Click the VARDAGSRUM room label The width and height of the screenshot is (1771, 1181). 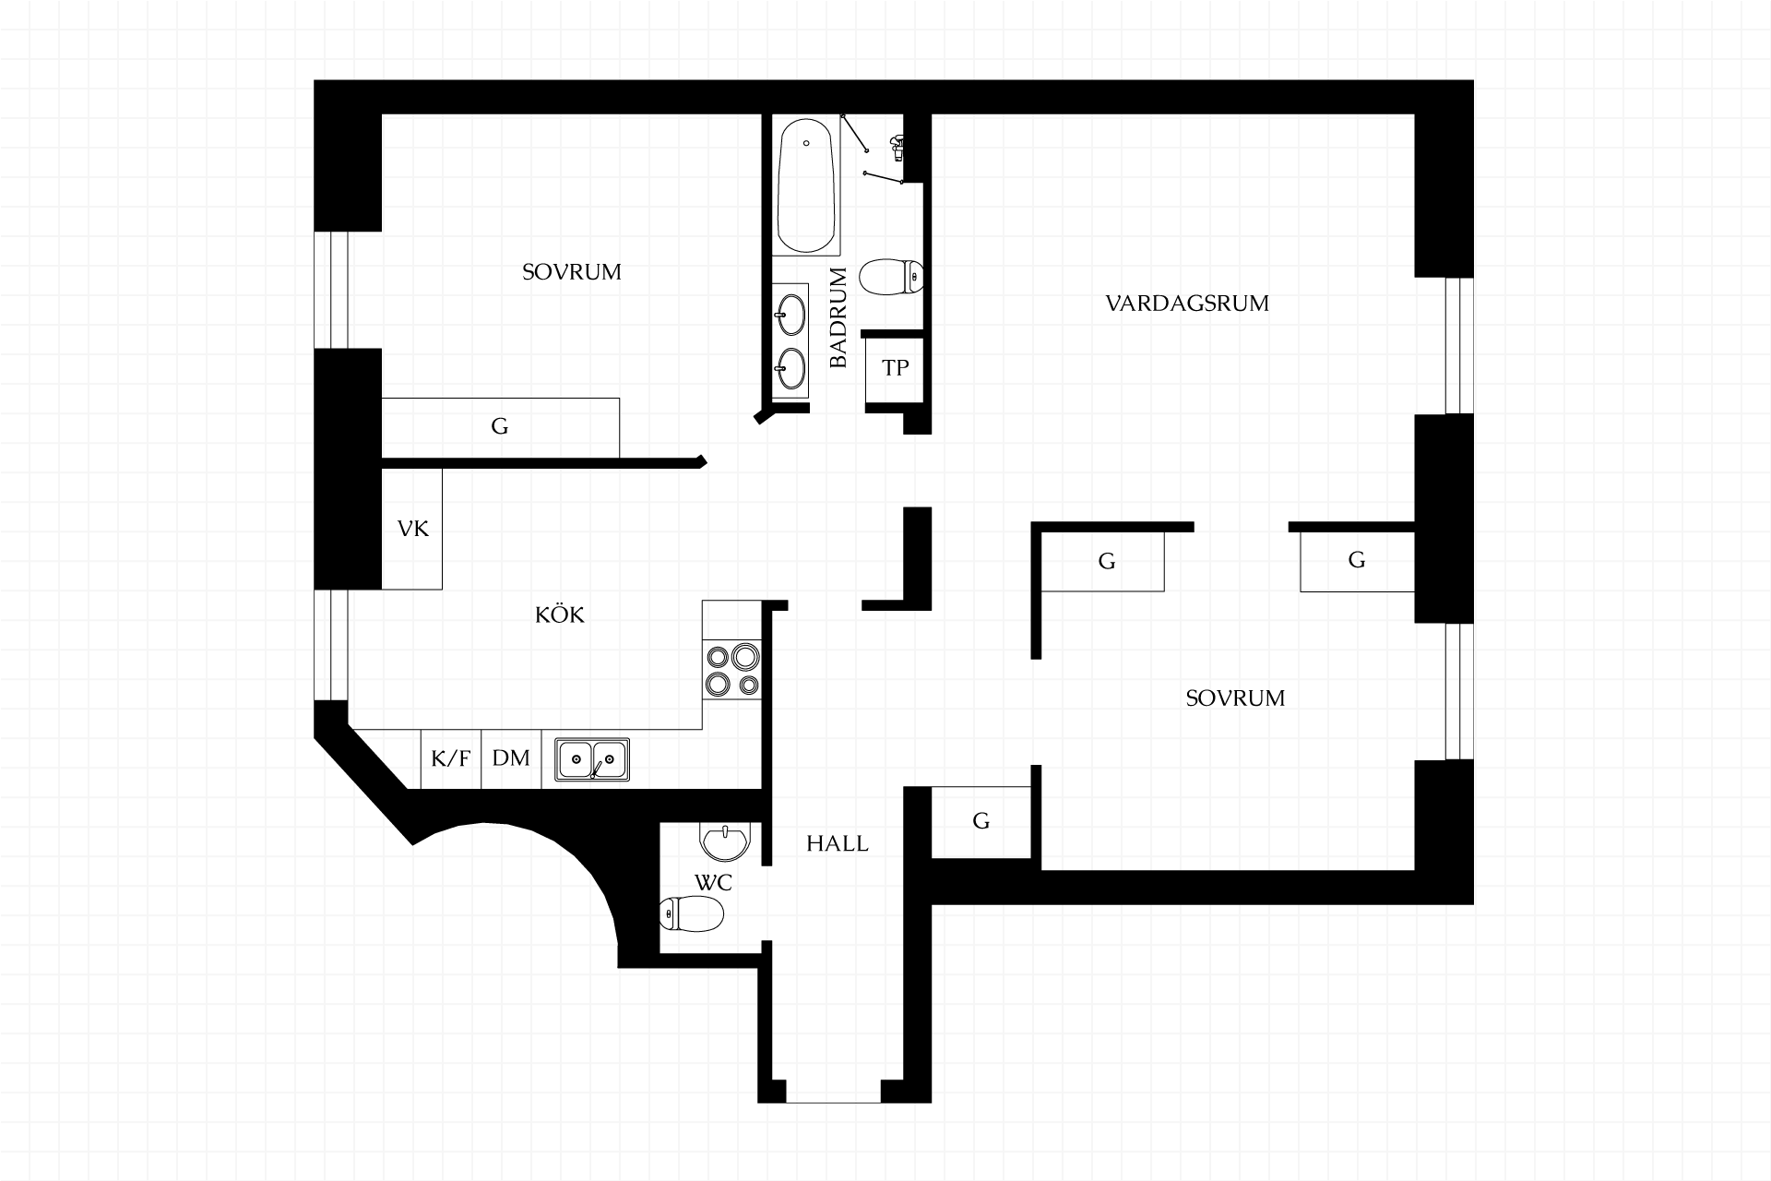point(1187,304)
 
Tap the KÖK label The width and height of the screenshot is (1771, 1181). point(560,614)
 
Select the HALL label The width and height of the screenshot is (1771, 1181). point(838,843)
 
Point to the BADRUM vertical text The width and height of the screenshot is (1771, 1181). point(838,317)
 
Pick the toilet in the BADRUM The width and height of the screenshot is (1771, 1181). point(891,277)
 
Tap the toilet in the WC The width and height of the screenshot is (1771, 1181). point(692,914)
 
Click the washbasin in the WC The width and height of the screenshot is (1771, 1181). point(727,841)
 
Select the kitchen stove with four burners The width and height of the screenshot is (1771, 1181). point(732,670)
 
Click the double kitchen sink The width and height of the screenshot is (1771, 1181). point(592,759)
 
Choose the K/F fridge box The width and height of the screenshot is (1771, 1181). point(451,759)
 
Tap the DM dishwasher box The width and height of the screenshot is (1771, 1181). point(511,759)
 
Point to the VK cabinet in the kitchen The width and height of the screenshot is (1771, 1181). point(412,529)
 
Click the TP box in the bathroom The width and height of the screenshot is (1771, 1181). point(895,368)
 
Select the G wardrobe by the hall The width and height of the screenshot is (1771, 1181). point(981,821)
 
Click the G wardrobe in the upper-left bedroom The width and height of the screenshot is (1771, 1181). point(500,427)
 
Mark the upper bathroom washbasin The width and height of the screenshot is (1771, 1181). point(790,314)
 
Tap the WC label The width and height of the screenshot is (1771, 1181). point(713,883)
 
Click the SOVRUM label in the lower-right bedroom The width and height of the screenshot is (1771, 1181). point(1235,698)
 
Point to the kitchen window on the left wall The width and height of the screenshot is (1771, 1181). point(331,646)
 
